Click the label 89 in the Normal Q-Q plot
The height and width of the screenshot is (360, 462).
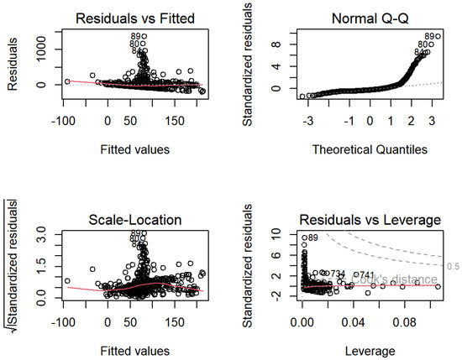(433, 36)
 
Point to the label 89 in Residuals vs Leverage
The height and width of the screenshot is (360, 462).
(312, 238)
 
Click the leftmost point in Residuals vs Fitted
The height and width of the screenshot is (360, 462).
(67, 81)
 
